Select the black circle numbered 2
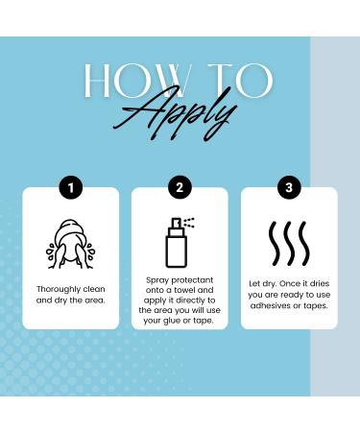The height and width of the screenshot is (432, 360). [180, 188]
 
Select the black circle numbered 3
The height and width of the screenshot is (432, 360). [289, 188]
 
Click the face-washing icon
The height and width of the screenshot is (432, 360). [70, 245]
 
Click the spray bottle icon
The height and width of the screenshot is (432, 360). [176, 247]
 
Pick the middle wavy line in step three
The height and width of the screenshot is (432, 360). [289, 245]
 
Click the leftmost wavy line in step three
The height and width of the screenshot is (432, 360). [273, 245]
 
